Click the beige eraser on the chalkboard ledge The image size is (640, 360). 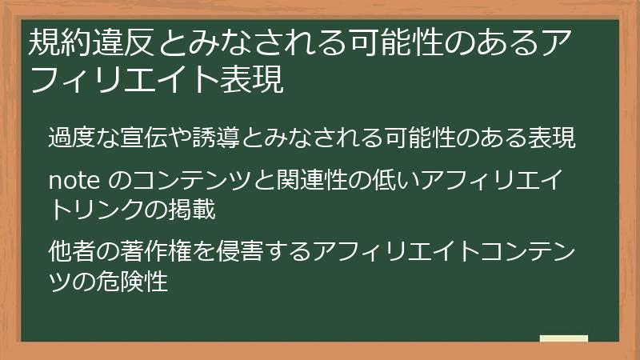(563, 338)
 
